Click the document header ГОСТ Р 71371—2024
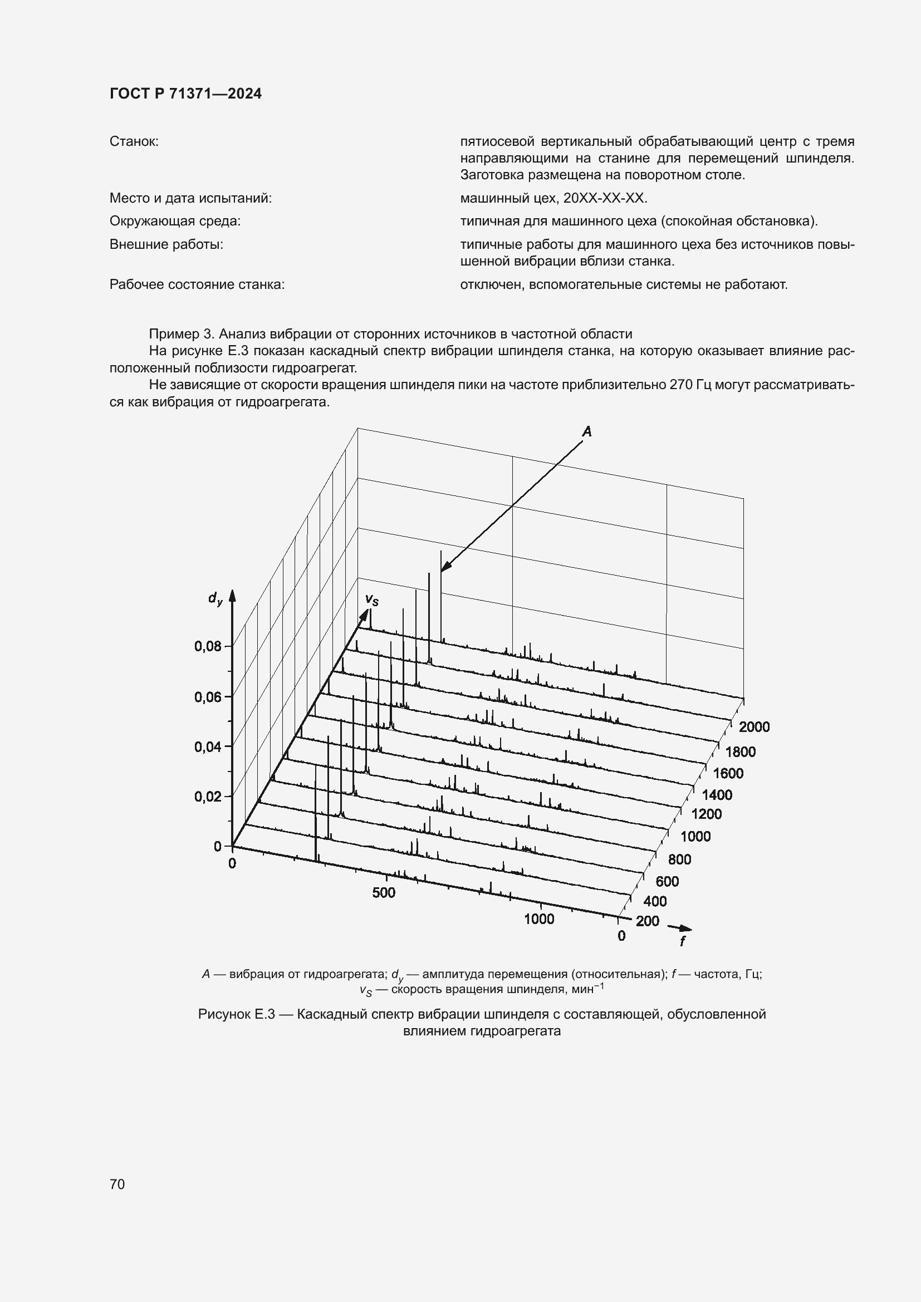click(185, 94)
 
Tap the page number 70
click(117, 1184)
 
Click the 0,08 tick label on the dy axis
click(208, 646)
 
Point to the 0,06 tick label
click(208, 697)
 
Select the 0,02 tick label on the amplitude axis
click(208, 797)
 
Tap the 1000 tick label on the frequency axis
click(539, 919)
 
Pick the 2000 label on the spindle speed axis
click(755, 727)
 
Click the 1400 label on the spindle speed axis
click(717, 795)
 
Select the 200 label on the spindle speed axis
click(648, 921)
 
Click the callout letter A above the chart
click(587, 432)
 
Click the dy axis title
click(215, 598)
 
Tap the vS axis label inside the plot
click(371, 600)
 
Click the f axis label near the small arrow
click(682, 941)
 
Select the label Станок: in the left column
click(134, 141)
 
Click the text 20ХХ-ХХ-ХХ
click(605, 199)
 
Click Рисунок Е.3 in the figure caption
click(237, 1014)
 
